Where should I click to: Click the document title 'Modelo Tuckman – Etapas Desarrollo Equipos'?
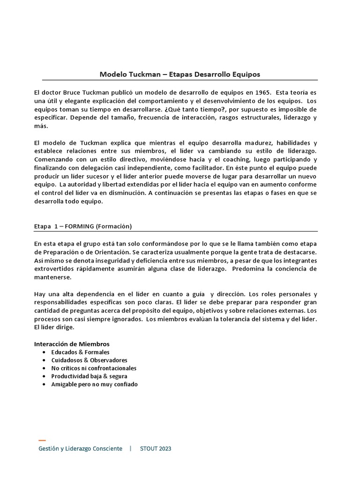coord(180,74)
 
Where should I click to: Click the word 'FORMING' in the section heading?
coord(80,226)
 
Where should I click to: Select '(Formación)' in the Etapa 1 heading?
coord(114,226)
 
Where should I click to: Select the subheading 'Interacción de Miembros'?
coord(72,344)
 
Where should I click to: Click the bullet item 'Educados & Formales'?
coord(80,352)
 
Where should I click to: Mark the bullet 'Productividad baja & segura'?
coord(89,376)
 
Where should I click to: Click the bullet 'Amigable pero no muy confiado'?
coord(94,384)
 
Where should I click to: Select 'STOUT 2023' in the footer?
coord(156,449)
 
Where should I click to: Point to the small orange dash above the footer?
coord(42,441)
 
